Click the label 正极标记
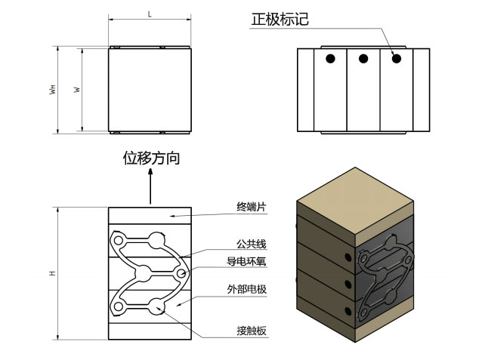coord(280,19)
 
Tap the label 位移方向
coord(151,159)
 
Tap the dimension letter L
coord(148,14)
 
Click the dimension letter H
coord(52,273)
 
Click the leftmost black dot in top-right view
coord(329,58)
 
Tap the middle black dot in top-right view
coord(363,58)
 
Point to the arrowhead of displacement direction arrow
coord(151,173)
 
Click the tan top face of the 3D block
coord(355,189)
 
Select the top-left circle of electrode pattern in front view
coord(119,241)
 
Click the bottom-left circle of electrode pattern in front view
coord(119,306)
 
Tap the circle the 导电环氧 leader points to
coord(181,272)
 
